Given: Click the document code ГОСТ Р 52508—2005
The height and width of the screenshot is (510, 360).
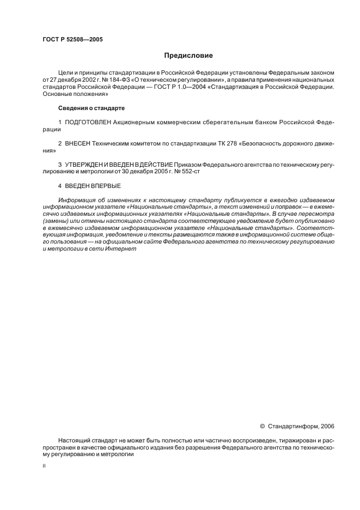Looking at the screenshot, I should point(72,40).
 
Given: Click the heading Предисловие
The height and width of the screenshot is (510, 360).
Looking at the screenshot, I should point(188,56).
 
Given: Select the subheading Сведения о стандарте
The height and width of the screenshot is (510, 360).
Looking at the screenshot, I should point(88,108).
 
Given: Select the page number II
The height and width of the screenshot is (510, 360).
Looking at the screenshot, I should point(44,466).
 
